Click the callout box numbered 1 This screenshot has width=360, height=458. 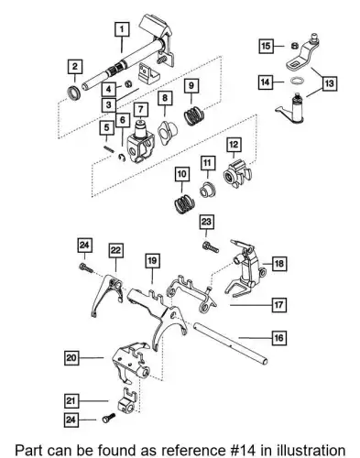pos(122,29)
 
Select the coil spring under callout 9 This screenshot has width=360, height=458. pos(194,115)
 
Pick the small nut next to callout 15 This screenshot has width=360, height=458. pos(295,46)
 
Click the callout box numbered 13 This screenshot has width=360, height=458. pos(329,83)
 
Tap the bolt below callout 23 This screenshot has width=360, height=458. pos(211,246)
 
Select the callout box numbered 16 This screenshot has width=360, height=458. pos(278,338)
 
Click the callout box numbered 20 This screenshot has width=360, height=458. pos(71,357)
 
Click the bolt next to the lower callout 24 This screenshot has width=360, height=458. pos(109,418)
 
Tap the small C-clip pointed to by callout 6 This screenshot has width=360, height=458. pos(122,158)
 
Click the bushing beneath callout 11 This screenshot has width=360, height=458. pos(207,190)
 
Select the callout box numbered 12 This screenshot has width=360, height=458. pos(234,145)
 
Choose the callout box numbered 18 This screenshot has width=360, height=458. pos(279,263)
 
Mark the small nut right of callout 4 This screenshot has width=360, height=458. pos(129,83)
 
